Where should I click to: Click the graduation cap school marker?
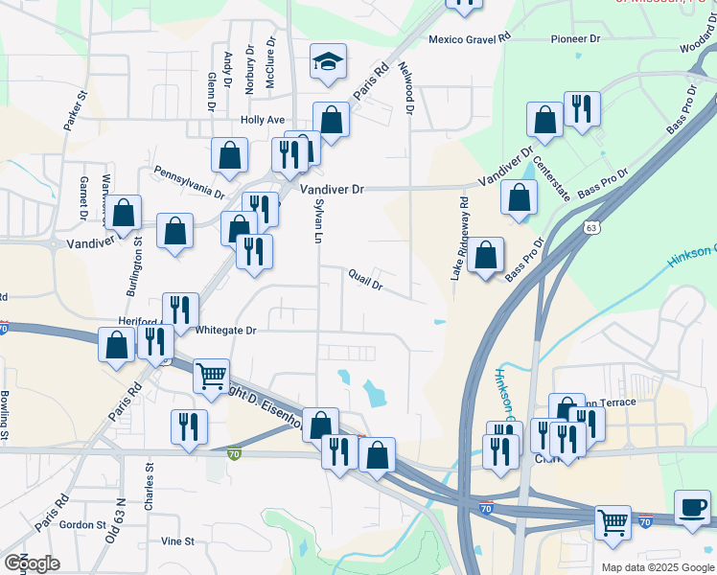point(328,63)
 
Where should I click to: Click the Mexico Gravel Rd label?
point(470,39)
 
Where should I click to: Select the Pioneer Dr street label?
point(575,39)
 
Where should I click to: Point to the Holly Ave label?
point(263,120)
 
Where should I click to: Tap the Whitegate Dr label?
point(226,331)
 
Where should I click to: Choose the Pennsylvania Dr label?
point(189,181)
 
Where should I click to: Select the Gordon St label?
point(81,525)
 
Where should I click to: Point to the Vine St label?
point(177,541)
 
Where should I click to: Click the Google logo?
point(32,563)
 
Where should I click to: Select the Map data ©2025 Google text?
point(657,567)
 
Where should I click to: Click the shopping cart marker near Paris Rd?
point(211,376)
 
